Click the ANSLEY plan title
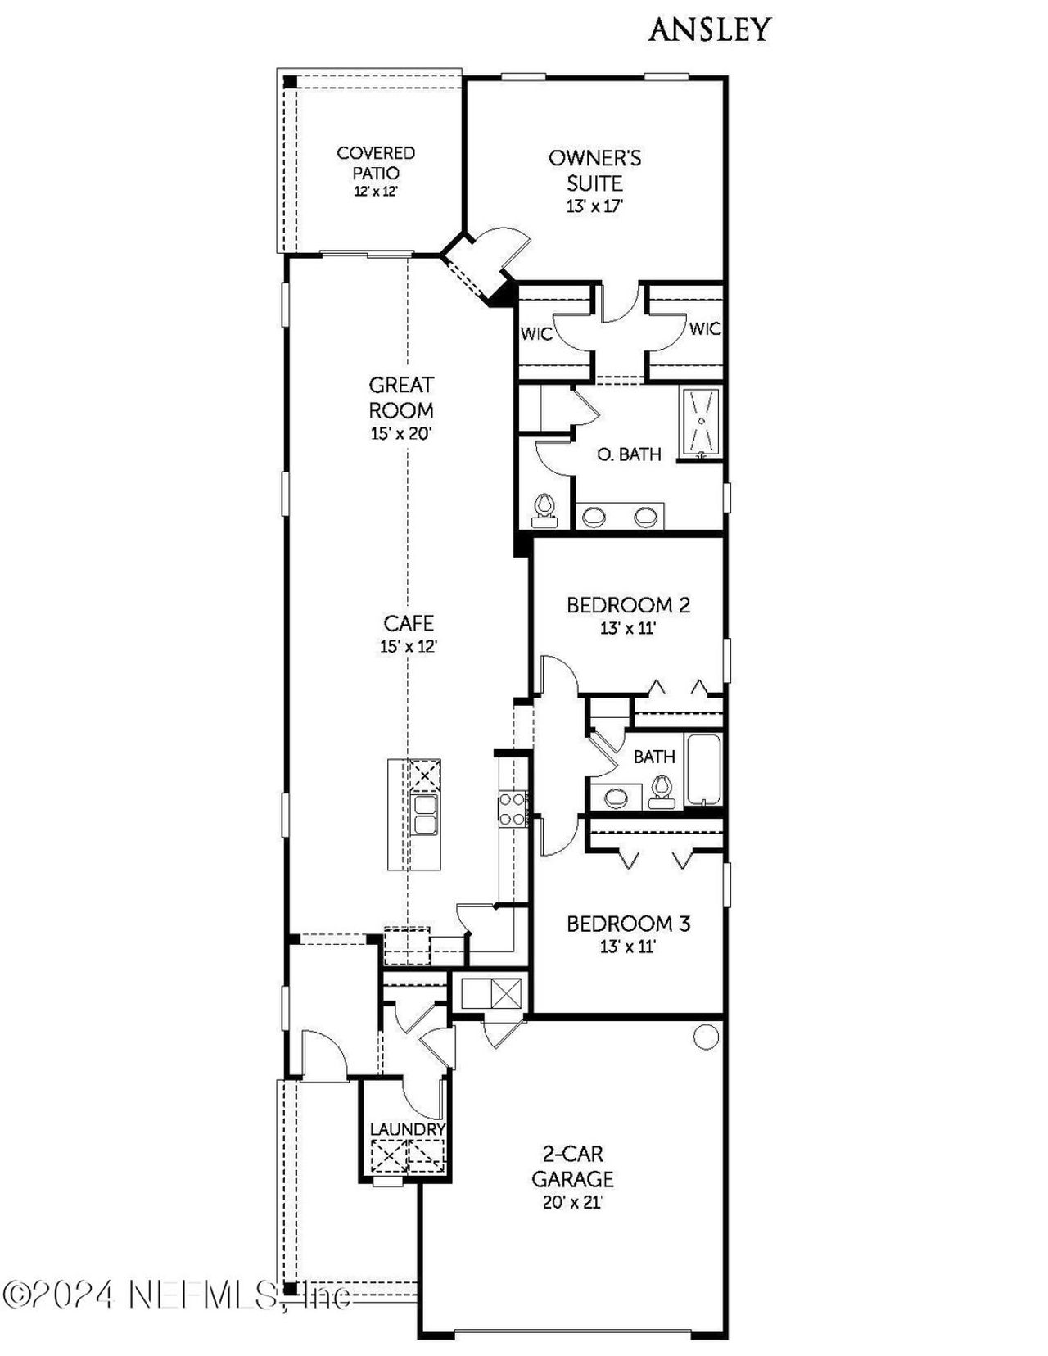point(709,30)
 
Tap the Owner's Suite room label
point(595,169)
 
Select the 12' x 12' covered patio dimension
point(376,192)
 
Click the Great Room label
point(401,397)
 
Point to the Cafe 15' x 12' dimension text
point(409,646)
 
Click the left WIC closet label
point(536,334)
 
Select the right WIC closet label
point(704,329)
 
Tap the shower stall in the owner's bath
point(701,421)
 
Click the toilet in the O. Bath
point(544,509)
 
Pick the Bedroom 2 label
point(628,605)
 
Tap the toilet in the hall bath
point(661,789)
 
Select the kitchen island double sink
point(425,814)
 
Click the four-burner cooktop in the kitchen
point(513,808)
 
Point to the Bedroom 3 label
point(628,924)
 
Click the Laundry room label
point(407,1129)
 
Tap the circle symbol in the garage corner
point(706,1037)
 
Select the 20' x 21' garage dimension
point(572,1203)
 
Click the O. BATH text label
point(629,454)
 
